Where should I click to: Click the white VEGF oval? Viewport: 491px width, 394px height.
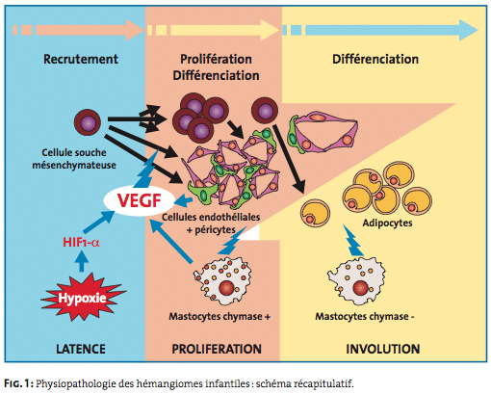tap(140, 200)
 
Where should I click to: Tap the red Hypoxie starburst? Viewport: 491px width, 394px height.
tap(83, 298)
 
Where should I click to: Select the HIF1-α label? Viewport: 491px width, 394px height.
tap(81, 242)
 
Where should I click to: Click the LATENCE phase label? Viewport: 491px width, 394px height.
tap(81, 349)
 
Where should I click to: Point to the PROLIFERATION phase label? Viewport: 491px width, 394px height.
tap(217, 349)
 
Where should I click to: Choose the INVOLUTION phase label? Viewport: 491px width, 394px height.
tap(383, 349)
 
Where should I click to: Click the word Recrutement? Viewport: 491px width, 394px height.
tap(81, 59)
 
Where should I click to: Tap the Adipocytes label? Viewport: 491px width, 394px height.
tap(387, 223)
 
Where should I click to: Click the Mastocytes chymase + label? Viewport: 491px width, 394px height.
tap(220, 317)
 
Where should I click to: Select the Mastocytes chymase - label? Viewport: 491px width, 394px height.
tap(365, 317)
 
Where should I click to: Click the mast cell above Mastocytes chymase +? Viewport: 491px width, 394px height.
tap(222, 279)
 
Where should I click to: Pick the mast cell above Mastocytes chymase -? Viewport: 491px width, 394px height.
tap(356, 281)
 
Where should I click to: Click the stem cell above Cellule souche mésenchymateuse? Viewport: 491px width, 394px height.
tap(88, 122)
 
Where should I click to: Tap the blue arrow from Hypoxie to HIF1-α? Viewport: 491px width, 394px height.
tap(82, 261)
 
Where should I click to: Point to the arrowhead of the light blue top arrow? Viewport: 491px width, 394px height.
tap(469, 30)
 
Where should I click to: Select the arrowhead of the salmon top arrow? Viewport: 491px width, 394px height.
tap(135, 30)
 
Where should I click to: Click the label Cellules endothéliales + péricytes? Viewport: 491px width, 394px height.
tap(211, 223)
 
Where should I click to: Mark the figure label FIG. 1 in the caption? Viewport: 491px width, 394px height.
tap(18, 383)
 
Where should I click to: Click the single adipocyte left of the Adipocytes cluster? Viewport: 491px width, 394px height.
tap(315, 213)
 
